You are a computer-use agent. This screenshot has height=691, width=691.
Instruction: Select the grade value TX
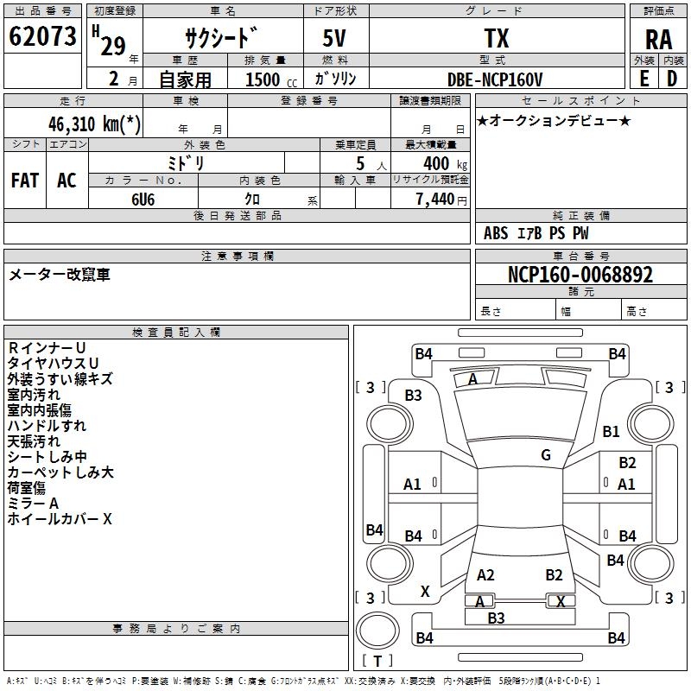tap(496, 38)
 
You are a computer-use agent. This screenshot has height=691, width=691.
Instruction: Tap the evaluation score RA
tap(658, 40)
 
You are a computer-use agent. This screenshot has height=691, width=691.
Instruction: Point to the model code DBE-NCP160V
tap(496, 79)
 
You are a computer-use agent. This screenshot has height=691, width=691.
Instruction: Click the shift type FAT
tap(24, 181)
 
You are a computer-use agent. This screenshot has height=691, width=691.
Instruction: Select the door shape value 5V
tap(335, 39)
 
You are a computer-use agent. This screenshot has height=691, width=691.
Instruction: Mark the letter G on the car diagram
tap(546, 455)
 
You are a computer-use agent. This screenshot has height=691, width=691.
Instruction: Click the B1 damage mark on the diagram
tap(612, 431)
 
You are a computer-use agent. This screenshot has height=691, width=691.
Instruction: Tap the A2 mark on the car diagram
tap(485, 575)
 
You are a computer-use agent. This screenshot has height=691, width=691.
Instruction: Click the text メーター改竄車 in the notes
tap(60, 275)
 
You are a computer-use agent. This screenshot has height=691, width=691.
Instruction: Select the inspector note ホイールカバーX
tap(60, 519)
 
